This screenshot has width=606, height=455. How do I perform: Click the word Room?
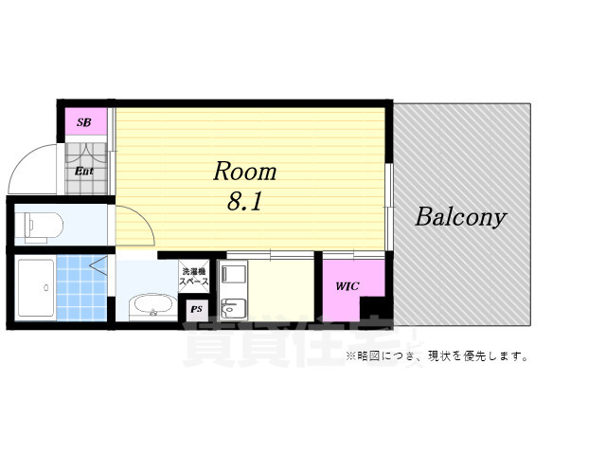pyautogui.click(x=244, y=172)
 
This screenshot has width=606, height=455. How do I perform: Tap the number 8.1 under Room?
pyautogui.click(x=244, y=202)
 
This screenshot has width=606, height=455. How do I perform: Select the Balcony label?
pyautogui.click(x=460, y=217)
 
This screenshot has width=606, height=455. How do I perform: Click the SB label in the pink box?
pyautogui.click(x=83, y=122)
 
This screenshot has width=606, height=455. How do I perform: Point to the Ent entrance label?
pyautogui.click(x=84, y=172)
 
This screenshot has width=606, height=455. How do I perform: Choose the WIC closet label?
pyautogui.click(x=346, y=285)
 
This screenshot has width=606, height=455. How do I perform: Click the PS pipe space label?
pyautogui.click(x=197, y=309)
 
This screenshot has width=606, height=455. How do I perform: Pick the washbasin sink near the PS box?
pyautogui.click(x=151, y=306)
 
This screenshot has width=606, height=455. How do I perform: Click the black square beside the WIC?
pyautogui.click(x=376, y=310)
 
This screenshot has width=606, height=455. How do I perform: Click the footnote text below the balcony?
pyautogui.click(x=437, y=356)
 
